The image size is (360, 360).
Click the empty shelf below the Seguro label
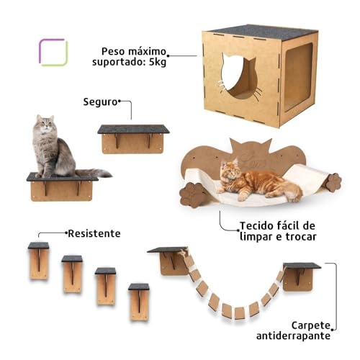(x=133, y=138)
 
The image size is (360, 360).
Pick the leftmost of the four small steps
(x=39, y=261)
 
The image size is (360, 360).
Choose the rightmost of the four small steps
(x=139, y=301)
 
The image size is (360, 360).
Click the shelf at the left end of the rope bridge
(x=168, y=259)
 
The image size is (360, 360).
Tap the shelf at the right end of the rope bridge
(x=301, y=275)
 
